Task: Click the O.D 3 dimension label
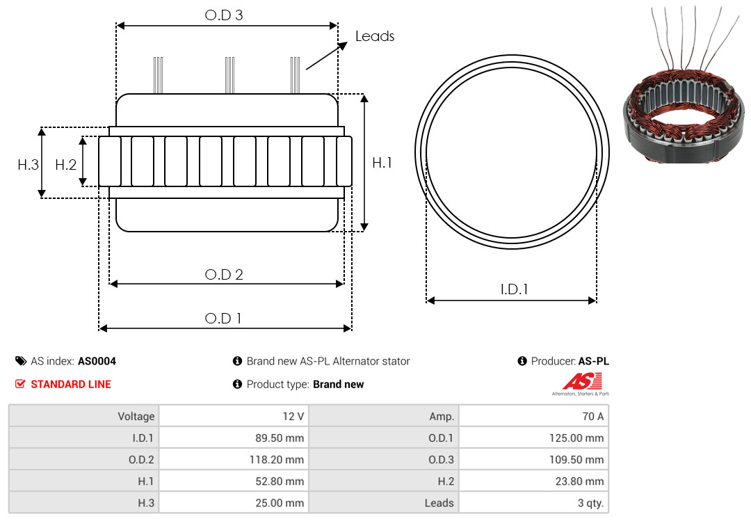(x=224, y=15)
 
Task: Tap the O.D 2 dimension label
(x=224, y=275)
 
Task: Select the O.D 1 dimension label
(x=223, y=319)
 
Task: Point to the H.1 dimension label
(x=382, y=163)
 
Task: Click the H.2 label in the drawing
(x=65, y=165)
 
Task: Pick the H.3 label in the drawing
(x=29, y=165)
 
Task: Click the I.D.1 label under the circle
(x=514, y=289)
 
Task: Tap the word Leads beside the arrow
(x=375, y=36)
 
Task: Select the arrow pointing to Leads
(x=327, y=56)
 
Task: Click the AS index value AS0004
(x=97, y=362)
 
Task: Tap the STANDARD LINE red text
(x=71, y=385)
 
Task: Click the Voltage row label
(x=136, y=417)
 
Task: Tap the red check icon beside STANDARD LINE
(x=20, y=384)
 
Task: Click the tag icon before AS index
(x=21, y=361)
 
